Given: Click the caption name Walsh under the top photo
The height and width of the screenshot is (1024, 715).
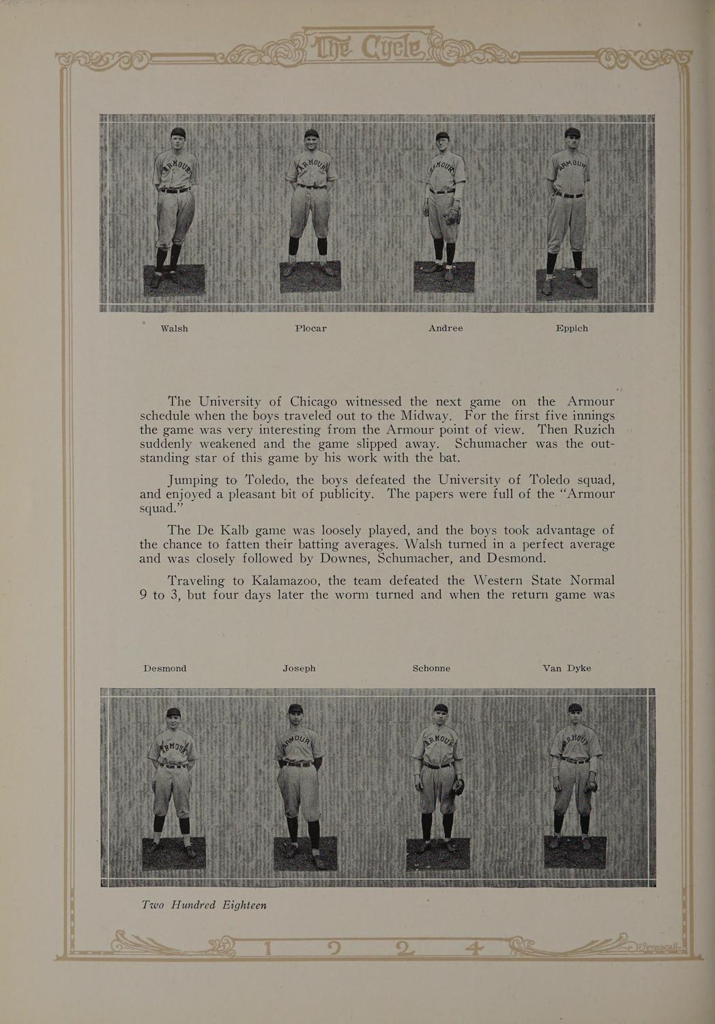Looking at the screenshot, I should [x=174, y=328].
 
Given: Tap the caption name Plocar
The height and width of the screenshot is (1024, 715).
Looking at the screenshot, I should [x=310, y=328].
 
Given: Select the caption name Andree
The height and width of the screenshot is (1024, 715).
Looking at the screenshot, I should [x=446, y=328].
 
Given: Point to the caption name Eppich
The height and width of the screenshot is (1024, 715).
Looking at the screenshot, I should [x=572, y=328].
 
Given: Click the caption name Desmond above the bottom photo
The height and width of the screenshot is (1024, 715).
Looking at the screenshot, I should [x=165, y=668].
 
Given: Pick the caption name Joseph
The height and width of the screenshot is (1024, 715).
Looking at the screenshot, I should [x=299, y=668].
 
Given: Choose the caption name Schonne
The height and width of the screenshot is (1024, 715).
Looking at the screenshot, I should [x=431, y=668].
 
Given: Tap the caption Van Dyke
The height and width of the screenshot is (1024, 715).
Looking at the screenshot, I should [x=566, y=668].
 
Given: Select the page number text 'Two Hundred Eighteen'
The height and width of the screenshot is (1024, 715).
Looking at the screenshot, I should [x=203, y=905].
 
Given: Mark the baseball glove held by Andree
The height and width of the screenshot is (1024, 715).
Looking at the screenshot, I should [x=452, y=217].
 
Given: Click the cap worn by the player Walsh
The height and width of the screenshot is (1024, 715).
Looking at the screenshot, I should [x=178, y=132].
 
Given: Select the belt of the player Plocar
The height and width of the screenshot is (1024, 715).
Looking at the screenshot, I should [x=311, y=186].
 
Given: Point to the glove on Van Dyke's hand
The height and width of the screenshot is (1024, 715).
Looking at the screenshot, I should [x=591, y=786].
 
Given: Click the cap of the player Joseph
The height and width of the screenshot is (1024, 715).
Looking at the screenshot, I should [x=295, y=709].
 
